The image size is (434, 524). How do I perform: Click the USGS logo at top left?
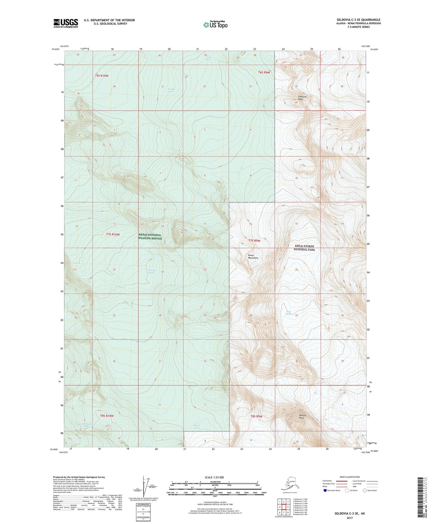pos(65,23)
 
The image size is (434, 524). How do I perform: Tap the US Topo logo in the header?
pos(215,24)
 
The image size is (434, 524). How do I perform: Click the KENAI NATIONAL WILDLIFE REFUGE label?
pos(150,236)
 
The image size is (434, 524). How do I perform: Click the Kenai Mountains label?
pos(253,257)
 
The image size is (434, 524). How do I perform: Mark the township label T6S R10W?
pos(102,76)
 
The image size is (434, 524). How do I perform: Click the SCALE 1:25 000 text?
pos(214,477)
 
